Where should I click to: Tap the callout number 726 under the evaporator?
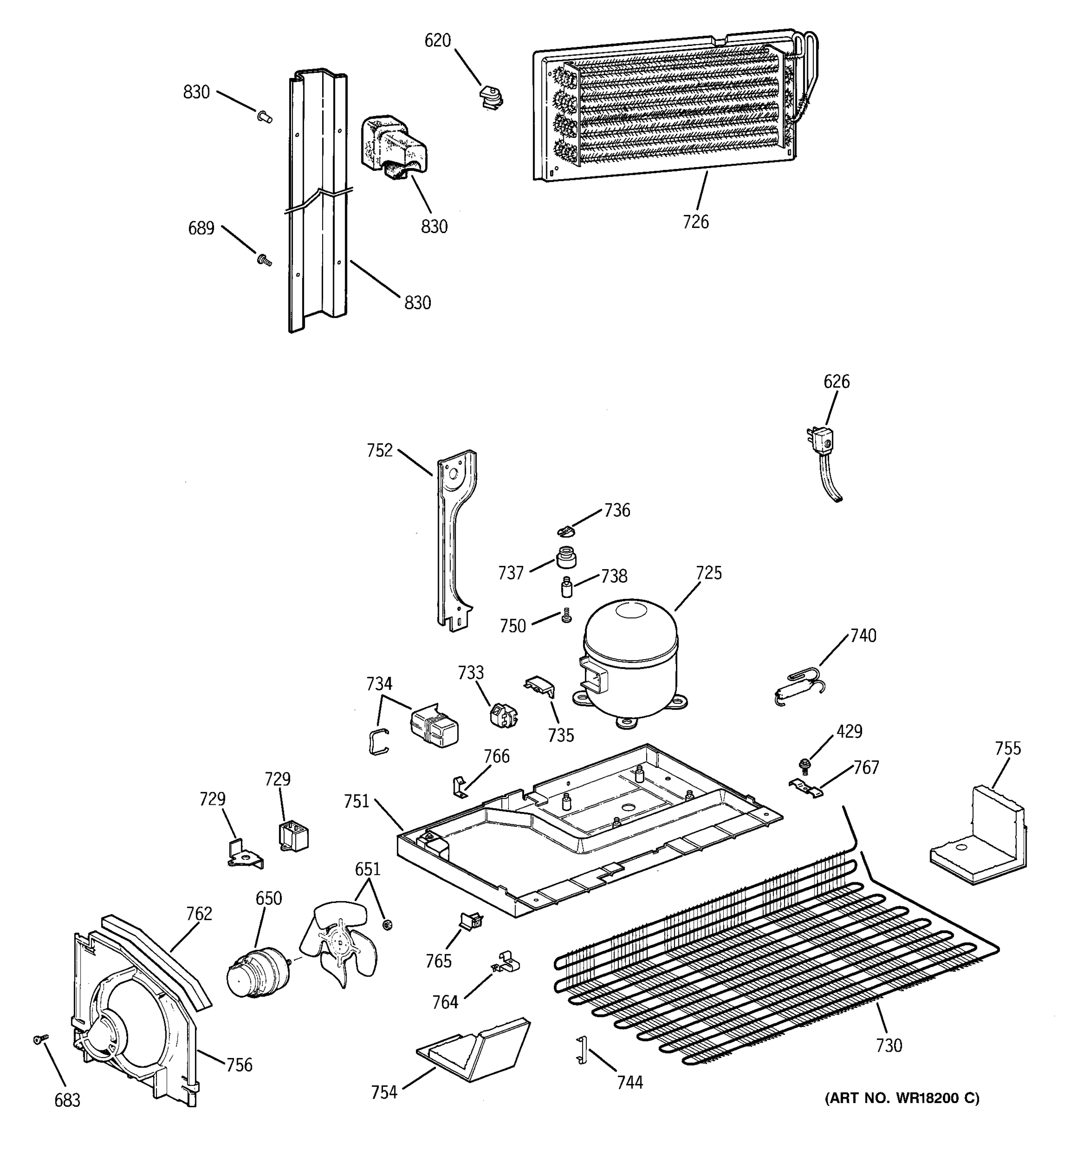point(695,222)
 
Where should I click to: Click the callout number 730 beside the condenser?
point(888,1045)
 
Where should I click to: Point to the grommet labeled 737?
point(566,558)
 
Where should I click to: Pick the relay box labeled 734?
point(433,725)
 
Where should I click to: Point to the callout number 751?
point(356,801)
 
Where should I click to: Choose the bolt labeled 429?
point(803,765)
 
